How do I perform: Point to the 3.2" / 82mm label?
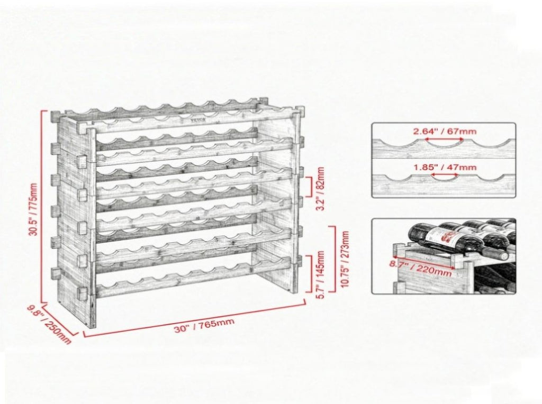coord(320,189)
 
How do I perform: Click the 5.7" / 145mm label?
coord(320,275)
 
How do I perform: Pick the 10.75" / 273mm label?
coord(345,259)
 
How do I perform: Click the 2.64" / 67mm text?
coord(445,131)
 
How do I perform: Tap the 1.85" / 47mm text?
coord(445,168)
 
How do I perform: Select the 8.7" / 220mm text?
coord(421,268)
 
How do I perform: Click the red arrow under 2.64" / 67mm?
coord(444,139)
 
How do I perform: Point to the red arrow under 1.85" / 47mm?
coord(445,175)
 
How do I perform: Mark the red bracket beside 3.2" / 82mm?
coord(310,189)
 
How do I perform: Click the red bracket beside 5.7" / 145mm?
coord(310,274)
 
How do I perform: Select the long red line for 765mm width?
coord(195,318)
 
